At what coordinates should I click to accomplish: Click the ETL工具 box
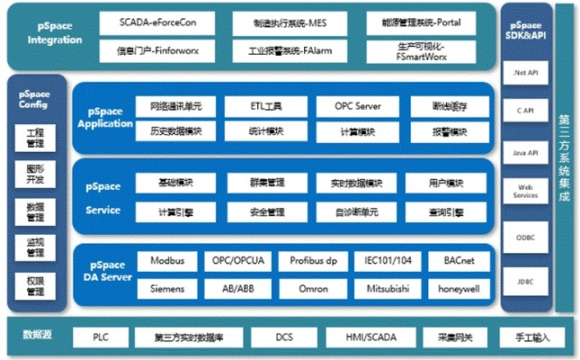pos(267,106)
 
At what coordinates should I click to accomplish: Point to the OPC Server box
pos(357,106)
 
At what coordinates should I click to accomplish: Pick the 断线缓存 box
pos(448,106)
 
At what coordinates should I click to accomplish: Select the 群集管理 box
pos(267,184)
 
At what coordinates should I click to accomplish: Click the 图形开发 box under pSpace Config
pos(35,173)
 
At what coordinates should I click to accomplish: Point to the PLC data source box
pos(101,337)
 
